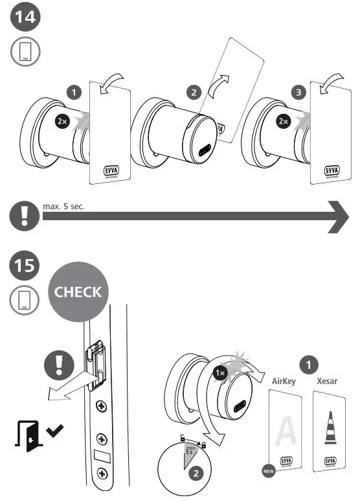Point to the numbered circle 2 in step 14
(x=192, y=92)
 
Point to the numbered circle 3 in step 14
(x=298, y=93)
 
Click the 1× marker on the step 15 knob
(x=220, y=374)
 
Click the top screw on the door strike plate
(x=101, y=406)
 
